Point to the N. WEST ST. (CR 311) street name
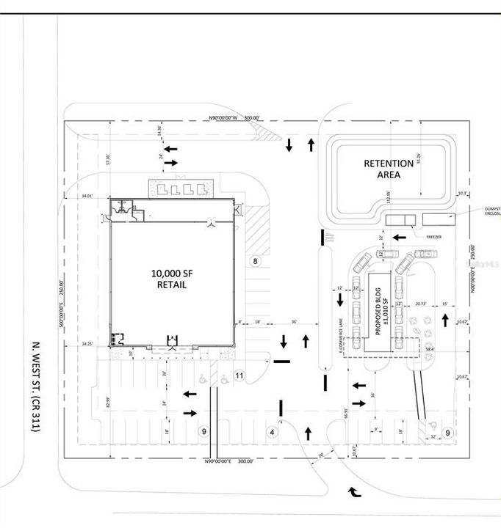point(34,385)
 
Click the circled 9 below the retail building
point(204,432)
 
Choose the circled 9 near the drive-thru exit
point(447,433)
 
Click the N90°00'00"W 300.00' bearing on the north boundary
point(233,118)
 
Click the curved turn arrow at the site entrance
point(356,492)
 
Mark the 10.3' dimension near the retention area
point(462,194)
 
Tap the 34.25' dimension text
point(88,343)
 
